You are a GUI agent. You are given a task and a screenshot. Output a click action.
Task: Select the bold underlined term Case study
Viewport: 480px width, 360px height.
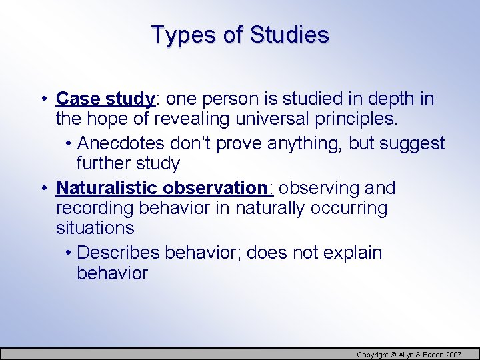point(105,99)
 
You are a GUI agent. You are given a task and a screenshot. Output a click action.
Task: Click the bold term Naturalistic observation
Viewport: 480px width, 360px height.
point(161,188)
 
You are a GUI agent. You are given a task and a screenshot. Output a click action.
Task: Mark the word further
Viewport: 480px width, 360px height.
point(104,164)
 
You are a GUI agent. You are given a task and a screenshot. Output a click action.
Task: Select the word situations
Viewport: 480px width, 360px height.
point(95,229)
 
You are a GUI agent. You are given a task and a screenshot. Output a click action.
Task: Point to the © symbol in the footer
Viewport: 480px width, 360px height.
point(394,354)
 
